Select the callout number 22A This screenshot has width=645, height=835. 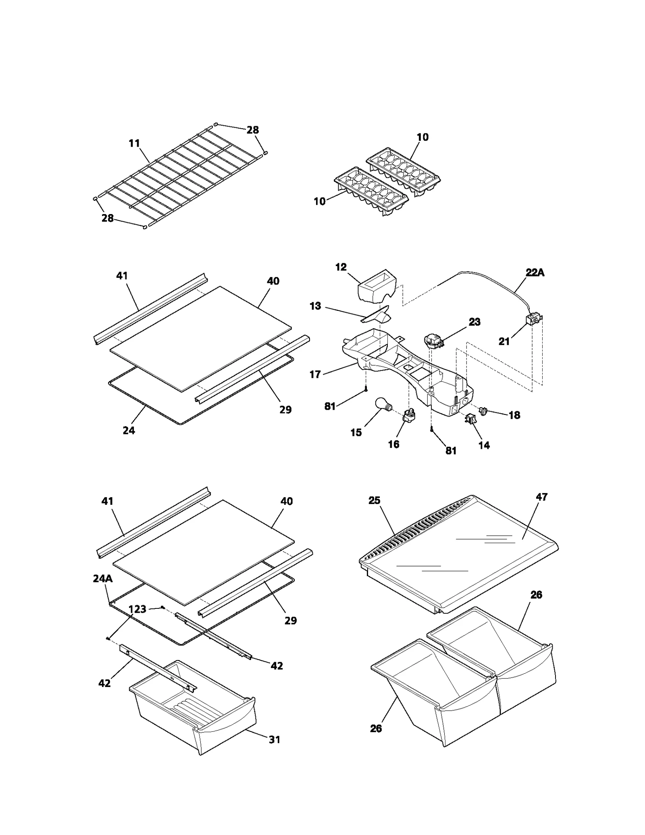535,273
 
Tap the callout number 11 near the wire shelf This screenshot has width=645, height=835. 134,143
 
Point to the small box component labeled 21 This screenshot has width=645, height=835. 533,321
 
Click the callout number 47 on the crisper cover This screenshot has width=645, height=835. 541,497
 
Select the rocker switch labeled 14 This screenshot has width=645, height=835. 470,420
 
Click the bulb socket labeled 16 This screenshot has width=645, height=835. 408,416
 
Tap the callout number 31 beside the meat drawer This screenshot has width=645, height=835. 275,739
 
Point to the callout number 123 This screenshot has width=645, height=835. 137,609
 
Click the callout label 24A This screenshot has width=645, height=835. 102,579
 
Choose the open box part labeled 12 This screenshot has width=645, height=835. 377,286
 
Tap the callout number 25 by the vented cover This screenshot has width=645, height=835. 374,500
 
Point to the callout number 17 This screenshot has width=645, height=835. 315,375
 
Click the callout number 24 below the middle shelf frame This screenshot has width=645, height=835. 129,431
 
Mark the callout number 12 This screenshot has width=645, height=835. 341,267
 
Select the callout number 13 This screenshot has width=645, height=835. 315,306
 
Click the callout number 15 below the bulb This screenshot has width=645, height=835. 356,433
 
